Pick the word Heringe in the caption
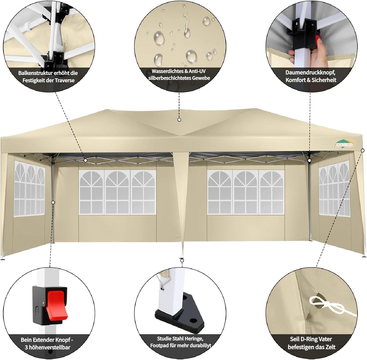(194, 339)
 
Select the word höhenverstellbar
(50, 347)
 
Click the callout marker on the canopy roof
(179, 120)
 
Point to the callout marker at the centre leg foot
(182, 260)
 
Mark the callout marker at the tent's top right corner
(362, 150)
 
